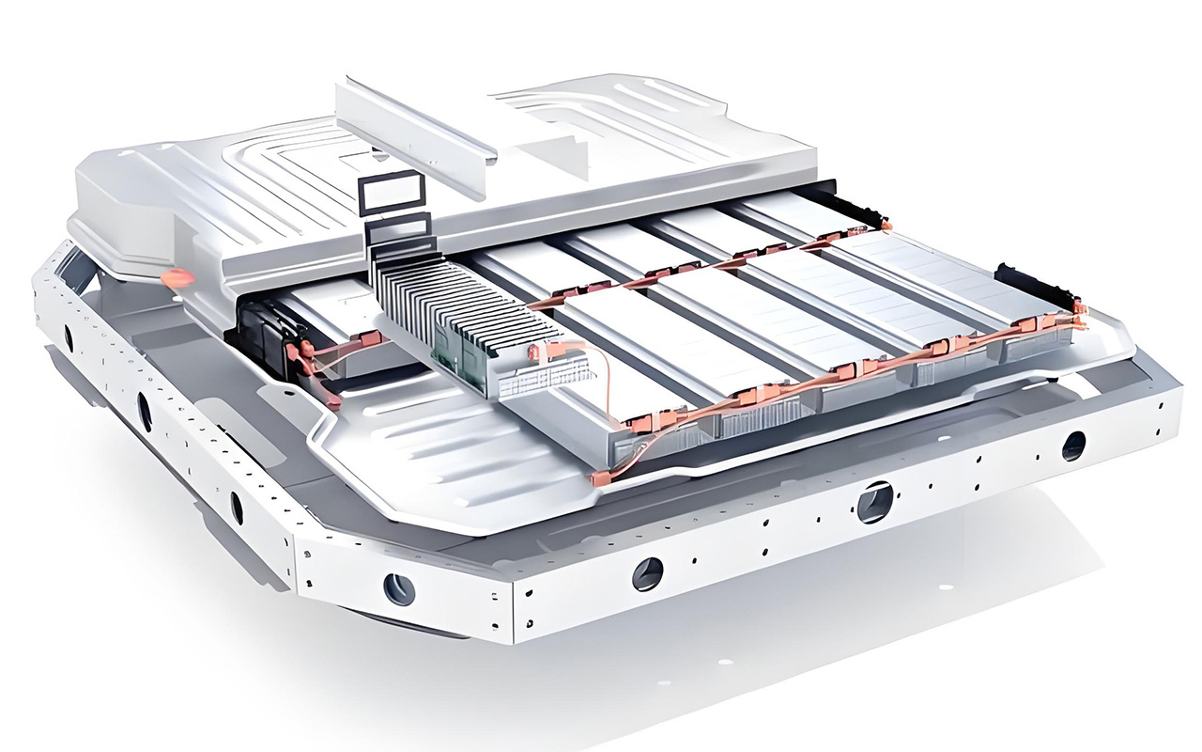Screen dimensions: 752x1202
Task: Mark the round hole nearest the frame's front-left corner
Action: click(399, 589)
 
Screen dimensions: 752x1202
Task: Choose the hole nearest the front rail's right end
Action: click(1073, 446)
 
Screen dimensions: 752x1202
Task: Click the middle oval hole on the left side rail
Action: click(145, 411)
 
